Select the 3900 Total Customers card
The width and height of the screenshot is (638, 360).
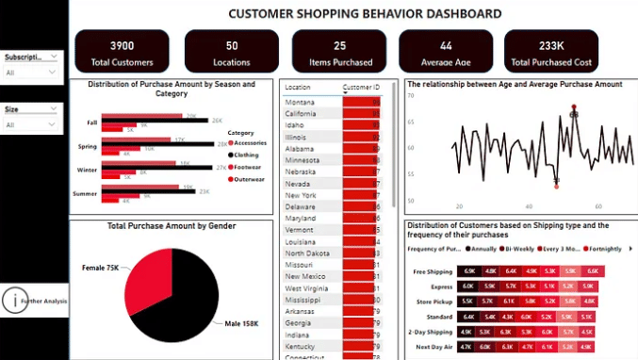pyautogui.click(x=122, y=52)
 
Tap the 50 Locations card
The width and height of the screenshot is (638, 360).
pyautogui.click(x=232, y=52)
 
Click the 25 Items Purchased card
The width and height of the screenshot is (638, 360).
pyautogui.click(x=339, y=52)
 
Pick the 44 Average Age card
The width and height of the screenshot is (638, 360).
pyautogui.click(x=446, y=52)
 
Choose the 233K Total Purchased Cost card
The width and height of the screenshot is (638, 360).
pyautogui.click(x=551, y=52)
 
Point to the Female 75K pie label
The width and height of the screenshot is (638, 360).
pyautogui.click(x=100, y=268)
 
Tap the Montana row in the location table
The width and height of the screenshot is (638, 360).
pyautogui.click(x=301, y=102)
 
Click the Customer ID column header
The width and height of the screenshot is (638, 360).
pyautogui.click(x=361, y=87)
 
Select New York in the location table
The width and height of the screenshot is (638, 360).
pyautogui.click(x=301, y=194)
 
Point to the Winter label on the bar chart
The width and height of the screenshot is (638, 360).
pyautogui.click(x=87, y=169)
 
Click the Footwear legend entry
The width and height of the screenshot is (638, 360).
pyautogui.click(x=248, y=166)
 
